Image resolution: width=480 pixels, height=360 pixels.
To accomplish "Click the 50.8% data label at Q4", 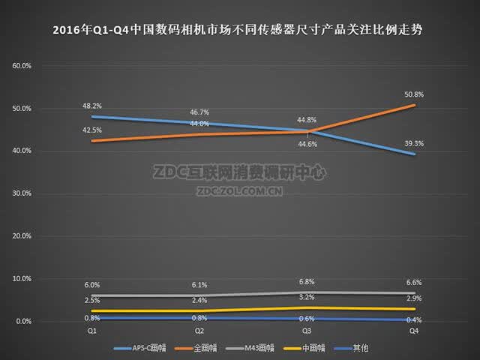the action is click(414, 94).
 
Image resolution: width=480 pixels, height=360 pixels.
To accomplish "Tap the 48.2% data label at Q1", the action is click(91, 106).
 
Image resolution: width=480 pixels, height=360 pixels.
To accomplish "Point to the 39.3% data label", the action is click(414, 143).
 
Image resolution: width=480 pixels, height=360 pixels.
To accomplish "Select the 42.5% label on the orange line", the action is click(91, 130).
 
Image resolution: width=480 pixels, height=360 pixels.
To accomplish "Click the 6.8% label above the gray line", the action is click(307, 282).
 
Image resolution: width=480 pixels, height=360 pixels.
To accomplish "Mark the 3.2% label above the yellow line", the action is click(307, 297).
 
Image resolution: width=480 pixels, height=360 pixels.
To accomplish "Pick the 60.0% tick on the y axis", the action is click(22, 66).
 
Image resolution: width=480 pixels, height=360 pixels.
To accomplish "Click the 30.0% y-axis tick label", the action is click(22, 193).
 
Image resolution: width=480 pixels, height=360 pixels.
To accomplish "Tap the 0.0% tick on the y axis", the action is click(23, 322).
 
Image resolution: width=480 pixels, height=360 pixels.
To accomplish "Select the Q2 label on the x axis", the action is click(199, 331).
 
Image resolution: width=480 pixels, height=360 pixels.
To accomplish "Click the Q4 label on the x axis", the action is click(414, 331).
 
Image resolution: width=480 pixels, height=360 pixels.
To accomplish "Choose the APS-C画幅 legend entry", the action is click(140, 348).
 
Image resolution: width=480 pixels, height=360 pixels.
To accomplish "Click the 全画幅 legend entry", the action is click(196, 348).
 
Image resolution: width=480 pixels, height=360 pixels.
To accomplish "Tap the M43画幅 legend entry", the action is click(250, 348).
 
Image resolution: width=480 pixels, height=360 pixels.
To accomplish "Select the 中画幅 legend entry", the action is click(304, 348).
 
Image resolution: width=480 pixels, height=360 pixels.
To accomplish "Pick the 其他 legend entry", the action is click(351, 348).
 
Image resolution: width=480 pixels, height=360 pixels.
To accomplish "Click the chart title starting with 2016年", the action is click(238, 30).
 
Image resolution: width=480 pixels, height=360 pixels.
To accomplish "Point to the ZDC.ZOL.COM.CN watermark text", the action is click(239, 191).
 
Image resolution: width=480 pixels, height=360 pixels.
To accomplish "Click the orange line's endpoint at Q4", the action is click(414, 105).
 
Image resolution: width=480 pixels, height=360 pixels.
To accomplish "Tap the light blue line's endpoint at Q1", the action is click(92, 117).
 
